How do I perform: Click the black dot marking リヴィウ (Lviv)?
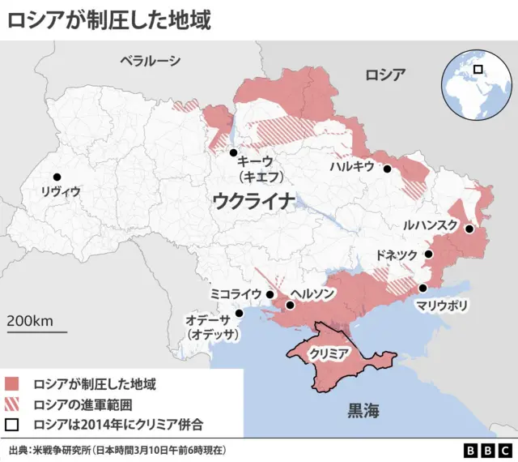(57, 177)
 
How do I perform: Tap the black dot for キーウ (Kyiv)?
(233, 152)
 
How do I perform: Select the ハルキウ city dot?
(388, 169)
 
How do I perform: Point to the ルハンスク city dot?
(469, 229)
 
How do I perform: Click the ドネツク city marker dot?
(429, 255)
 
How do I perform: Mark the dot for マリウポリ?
(422, 288)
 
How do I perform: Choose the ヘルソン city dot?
(290, 306)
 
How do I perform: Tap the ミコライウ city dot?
(270, 294)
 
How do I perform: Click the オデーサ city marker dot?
(239, 313)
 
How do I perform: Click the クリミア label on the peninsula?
(329, 354)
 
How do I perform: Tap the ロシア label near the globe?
(384, 75)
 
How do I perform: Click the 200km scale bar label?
(30, 321)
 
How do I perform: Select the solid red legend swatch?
(12, 383)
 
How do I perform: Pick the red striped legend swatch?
(12, 404)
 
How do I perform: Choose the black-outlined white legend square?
(12, 424)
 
